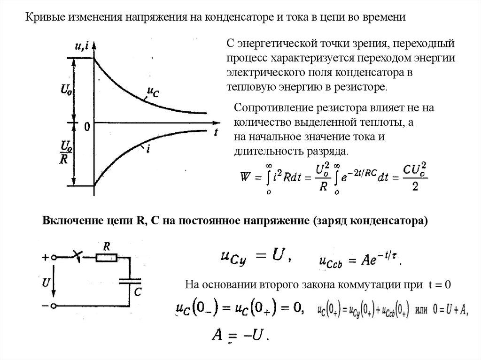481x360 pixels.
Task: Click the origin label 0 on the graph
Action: pyautogui.click(x=87, y=126)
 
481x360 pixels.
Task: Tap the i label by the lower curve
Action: pyautogui.click(x=148, y=149)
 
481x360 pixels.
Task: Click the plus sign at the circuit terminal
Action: pyautogui.click(x=45, y=257)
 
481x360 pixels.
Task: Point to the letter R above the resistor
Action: pyautogui.click(x=107, y=246)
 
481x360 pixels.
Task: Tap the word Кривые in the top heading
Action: pyautogui.click(x=41, y=18)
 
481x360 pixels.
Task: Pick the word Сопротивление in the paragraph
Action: pyautogui.click(x=268, y=107)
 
